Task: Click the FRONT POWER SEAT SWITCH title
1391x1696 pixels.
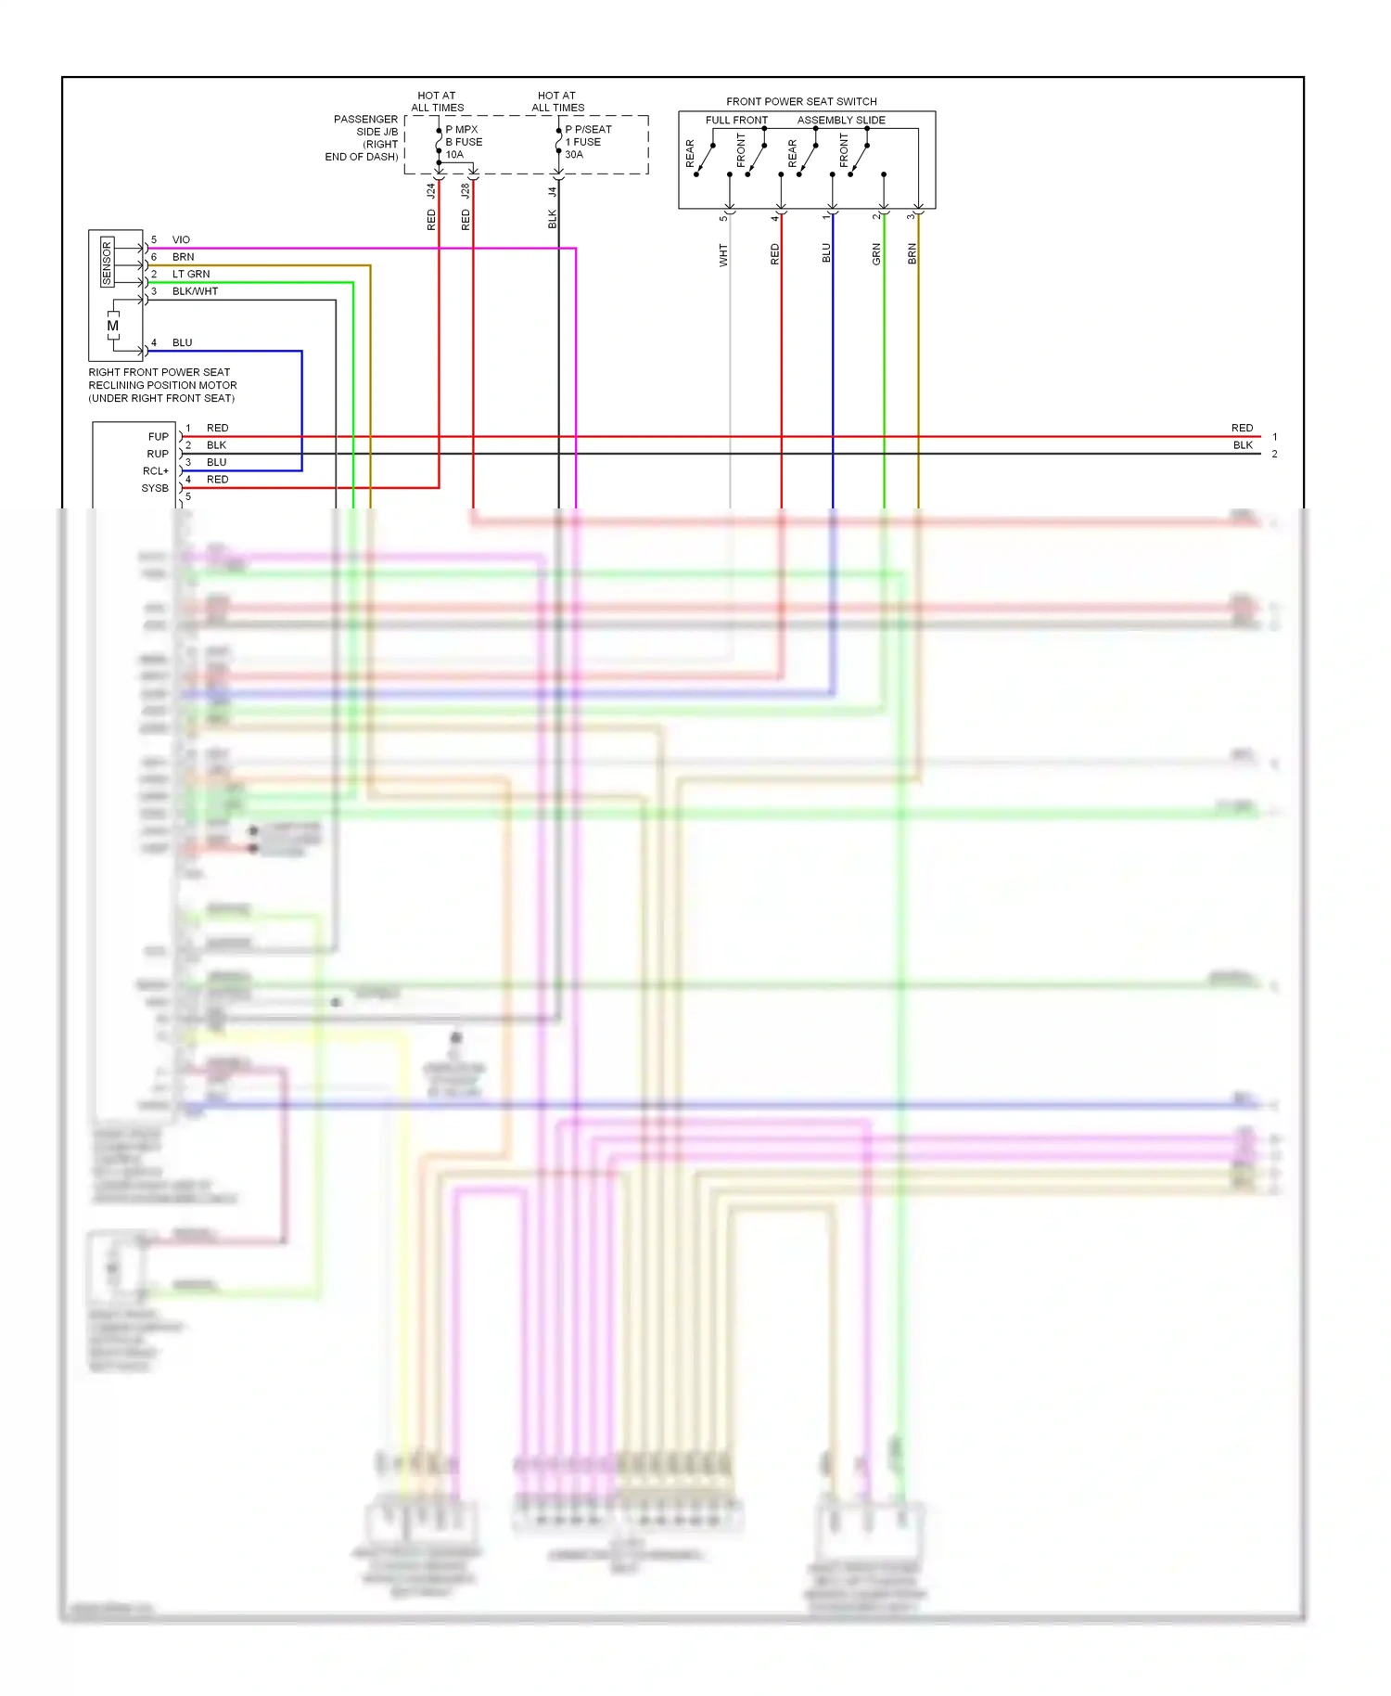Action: [801, 101]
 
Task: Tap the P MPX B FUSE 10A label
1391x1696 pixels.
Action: [463, 142]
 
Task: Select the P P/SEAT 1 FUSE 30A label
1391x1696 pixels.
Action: [587, 142]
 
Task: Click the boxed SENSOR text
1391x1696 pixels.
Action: [107, 263]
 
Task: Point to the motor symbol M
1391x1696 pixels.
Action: [113, 326]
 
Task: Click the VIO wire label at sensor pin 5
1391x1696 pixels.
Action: [181, 239]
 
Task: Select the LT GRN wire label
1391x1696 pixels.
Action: [191, 274]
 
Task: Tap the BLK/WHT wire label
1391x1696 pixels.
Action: [195, 291]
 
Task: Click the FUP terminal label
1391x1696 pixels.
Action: [159, 436]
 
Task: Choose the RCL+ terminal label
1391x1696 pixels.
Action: [156, 470]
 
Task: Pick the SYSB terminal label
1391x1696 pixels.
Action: [155, 488]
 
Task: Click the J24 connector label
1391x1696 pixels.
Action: [430, 191]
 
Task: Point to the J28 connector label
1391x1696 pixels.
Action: [465, 191]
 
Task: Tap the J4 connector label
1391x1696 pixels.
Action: [552, 191]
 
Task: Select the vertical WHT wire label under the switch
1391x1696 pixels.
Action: [723, 255]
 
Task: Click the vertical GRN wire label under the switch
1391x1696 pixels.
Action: [876, 255]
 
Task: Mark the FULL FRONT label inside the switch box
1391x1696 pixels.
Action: [736, 120]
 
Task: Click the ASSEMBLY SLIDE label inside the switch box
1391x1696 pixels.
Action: [841, 120]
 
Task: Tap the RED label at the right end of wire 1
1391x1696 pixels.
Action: [1242, 428]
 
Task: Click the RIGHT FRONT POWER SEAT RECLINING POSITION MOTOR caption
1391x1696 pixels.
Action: [161, 385]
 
